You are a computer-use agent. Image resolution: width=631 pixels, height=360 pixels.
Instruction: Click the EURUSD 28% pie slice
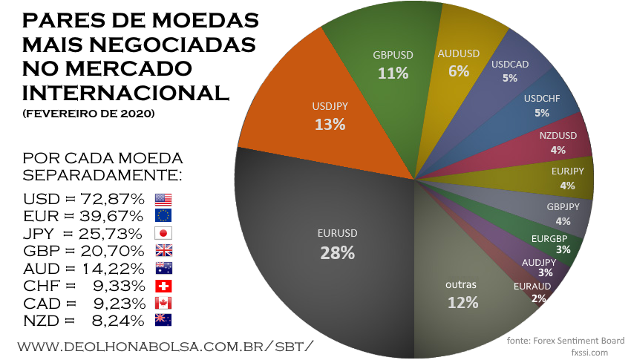coord(338,244)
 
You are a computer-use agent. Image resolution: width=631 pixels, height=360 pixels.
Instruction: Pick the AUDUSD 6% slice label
coord(459,62)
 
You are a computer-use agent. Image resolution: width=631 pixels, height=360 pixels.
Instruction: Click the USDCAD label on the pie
coord(510,71)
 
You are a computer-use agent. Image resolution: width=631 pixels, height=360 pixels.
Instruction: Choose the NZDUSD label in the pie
coord(558,143)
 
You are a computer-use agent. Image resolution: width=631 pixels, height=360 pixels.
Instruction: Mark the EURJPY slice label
coord(567,178)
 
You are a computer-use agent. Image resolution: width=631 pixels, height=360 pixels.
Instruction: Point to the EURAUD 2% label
coord(532,292)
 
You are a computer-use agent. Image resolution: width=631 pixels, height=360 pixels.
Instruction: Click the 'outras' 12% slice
coord(462,292)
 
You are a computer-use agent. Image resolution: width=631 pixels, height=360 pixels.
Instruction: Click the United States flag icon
coord(163,199)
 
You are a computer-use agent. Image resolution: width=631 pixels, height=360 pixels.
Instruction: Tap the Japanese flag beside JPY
coord(163,233)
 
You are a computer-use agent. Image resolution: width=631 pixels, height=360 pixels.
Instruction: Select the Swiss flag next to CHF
coord(163,286)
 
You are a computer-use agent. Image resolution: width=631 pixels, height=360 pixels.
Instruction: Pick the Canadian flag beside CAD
coord(163,303)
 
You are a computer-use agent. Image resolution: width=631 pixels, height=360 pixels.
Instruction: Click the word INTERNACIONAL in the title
coord(127,93)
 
